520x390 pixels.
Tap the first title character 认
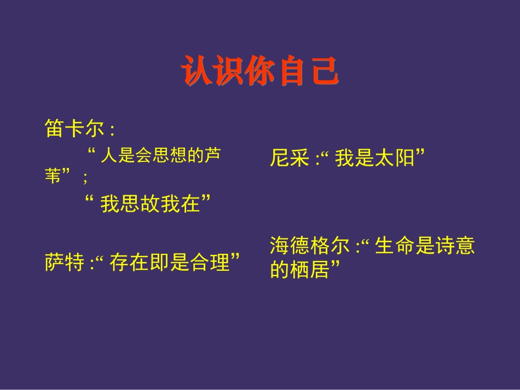pos(195,72)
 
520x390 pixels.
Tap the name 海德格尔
pos(309,246)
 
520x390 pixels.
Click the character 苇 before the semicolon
pos(54,176)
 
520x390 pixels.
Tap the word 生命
pos(395,246)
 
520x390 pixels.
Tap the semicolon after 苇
pos(85,177)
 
